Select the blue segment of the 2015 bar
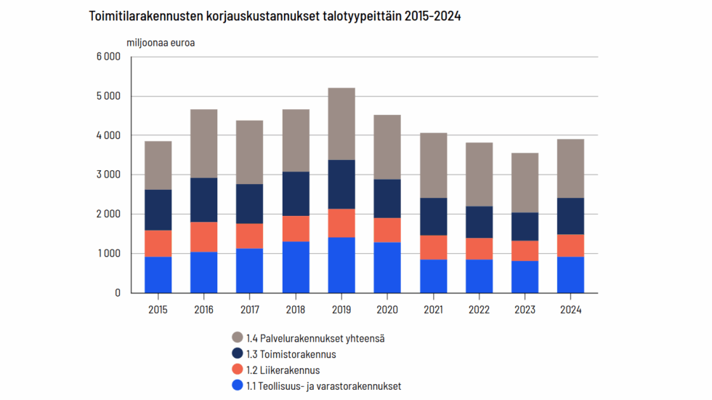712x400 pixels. coord(158,275)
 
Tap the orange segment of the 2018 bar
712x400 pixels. coord(296,228)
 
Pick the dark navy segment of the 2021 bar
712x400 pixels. coord(433,217)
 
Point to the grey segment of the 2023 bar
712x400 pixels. coord(525,183)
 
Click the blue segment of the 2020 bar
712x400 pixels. coord(387,268)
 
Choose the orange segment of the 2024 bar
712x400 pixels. coord(570,246)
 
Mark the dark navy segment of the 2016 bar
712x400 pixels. coord(203,200)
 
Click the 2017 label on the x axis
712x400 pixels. coord(249,309)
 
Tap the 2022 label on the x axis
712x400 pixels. coord(479,309)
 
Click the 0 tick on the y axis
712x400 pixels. coord(116,293)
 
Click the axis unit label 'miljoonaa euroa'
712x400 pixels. coord(161,42)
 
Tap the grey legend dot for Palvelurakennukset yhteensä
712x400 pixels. coord(237,337)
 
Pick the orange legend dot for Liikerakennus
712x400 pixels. coord(237,370)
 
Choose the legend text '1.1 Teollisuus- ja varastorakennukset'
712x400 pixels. coord(323,386)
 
